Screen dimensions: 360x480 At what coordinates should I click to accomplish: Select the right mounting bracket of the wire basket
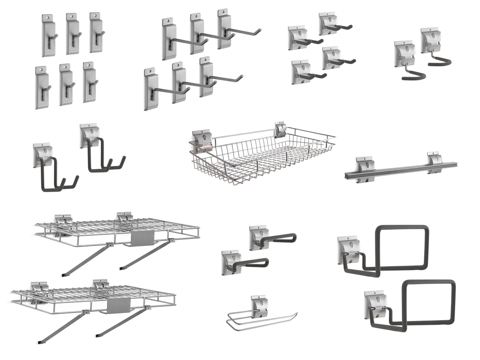pyautogui.click(x=280, y=130)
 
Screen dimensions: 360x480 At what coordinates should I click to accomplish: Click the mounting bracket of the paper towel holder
pyautogui.click(x=260, y=305)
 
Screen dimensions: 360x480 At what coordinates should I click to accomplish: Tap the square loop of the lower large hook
pyautogui.click(x=429, y=303)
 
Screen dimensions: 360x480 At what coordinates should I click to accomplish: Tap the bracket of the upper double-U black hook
pyautogui.click(x=90, y=134)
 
